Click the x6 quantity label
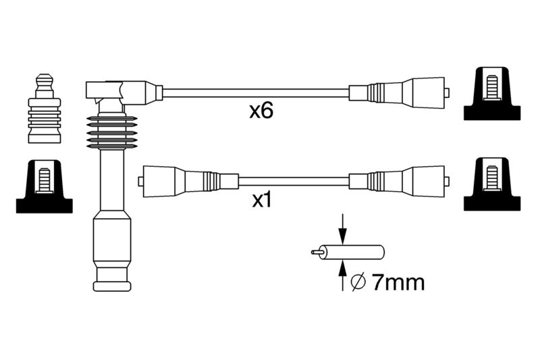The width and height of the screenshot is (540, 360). pos(261,111)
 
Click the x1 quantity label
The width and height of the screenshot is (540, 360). pos(262,201)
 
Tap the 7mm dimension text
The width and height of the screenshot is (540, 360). pos(398,282)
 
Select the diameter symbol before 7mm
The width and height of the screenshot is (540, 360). pos(358,282)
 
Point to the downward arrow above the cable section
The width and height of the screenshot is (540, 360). pos(342,229)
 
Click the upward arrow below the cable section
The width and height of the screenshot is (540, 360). pos(342,276)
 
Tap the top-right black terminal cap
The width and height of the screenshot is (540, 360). pos(492,94)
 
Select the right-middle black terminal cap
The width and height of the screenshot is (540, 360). pos(492,184)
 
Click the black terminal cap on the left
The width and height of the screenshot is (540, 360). pos(45,186)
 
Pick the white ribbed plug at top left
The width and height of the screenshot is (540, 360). pos(45,108)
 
